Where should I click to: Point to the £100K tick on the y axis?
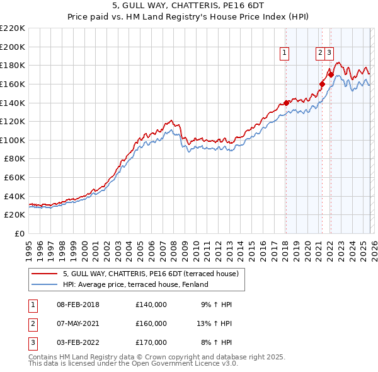click(x=13, y=140)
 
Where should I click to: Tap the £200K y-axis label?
click(x=13, y=47)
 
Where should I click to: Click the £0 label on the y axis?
click(x=18, y=233)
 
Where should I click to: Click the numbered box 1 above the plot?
click(x=285, y=54)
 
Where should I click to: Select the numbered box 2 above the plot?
click(x=320, y=54)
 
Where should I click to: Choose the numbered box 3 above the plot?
click(x=329, y=54)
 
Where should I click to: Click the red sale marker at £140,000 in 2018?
click(x=285, y=103)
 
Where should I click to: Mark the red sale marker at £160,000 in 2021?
click(x=321, y=84)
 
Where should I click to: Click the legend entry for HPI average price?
click(x=135, y=284)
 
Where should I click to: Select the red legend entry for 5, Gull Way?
click(x=150, y=274)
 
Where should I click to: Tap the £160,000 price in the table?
click(x=151, y=323)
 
